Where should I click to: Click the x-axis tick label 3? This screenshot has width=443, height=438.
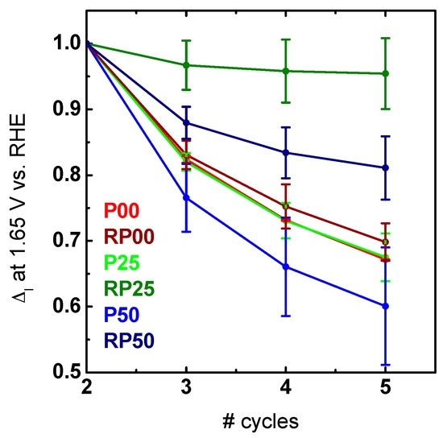click(186, 390)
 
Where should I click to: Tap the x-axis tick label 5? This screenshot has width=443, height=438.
click(385, 390)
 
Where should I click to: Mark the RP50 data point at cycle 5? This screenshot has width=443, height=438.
click(385, 167)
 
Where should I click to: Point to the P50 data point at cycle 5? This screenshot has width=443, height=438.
click(385, 306)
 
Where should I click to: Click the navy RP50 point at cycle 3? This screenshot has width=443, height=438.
click(186, 122)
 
